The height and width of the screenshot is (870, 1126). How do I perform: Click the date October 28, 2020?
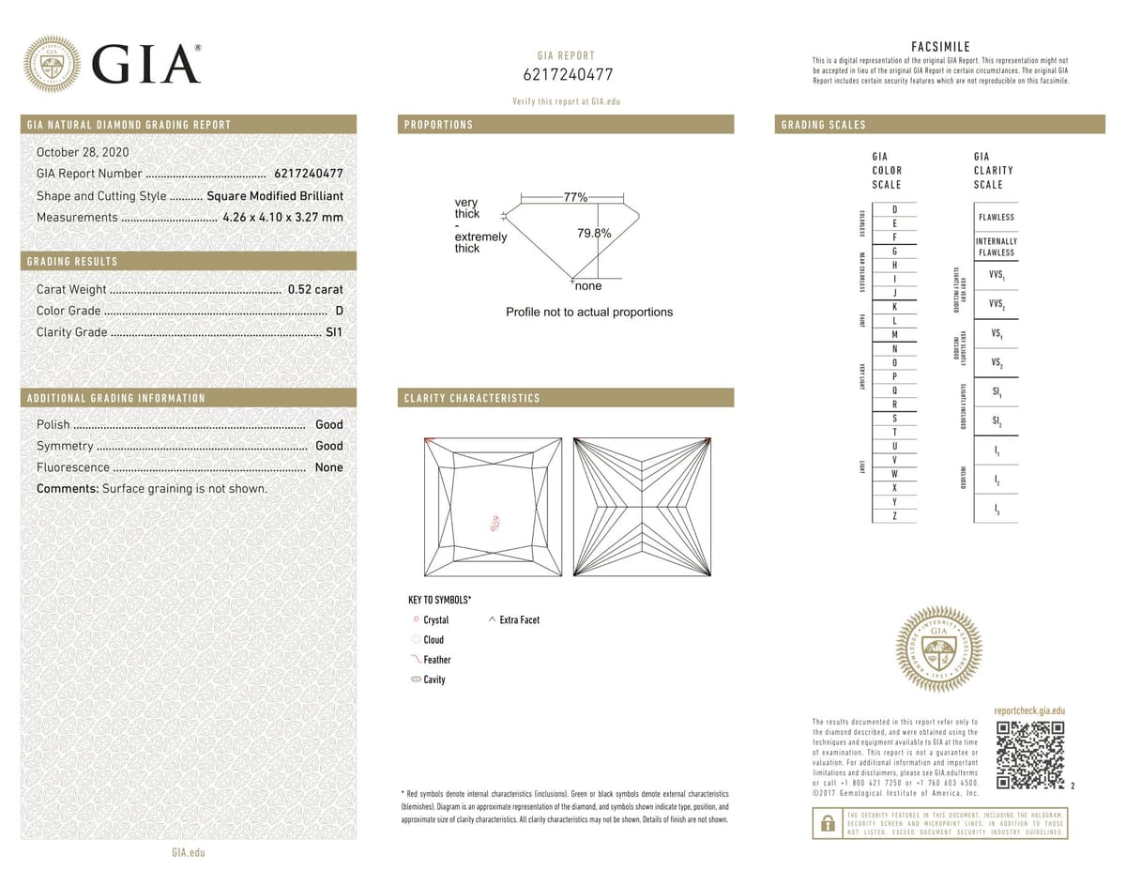(x=83, y=152)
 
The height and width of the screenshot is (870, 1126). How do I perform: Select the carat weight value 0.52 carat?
(x=315, y=289)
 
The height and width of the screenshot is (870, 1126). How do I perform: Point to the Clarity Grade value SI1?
(x=333, y=332)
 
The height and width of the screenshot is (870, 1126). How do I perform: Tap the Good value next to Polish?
(x=328, y=424)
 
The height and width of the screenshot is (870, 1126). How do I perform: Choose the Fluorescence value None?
(x=328, y=467)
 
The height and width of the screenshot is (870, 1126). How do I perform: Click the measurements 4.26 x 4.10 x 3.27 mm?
(x=282, y=218)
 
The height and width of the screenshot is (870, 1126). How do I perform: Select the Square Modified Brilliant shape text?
(x=275, y=196)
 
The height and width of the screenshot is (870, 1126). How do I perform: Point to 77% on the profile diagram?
(x=575, y=197)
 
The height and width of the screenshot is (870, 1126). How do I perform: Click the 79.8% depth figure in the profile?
(x=594, y=234)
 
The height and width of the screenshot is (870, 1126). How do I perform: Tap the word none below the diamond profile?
(x=588, y=285)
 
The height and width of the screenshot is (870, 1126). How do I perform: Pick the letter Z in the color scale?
(x=894, y=516)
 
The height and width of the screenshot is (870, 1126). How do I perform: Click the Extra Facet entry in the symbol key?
(x=518, y=619)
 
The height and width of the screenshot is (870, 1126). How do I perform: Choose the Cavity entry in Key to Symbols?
(x=434, y=679)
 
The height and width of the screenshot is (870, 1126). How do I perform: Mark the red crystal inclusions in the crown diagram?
(x=495, y=524)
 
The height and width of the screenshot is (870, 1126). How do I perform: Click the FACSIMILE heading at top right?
(x=940, y=47)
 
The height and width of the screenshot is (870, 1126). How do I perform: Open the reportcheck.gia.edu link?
(x=1029, y=711)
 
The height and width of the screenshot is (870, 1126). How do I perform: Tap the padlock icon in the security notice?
(x=828, y=823)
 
